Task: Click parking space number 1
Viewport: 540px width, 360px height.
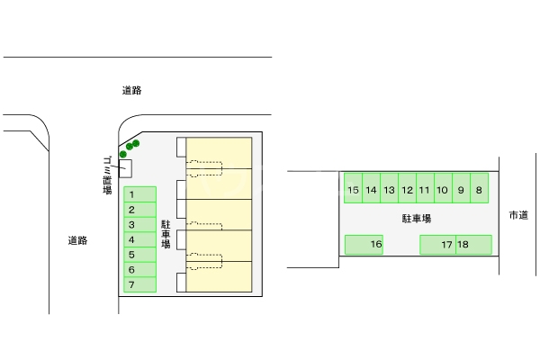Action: coord(139,194)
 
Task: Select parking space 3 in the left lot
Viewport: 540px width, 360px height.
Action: coord(139,225)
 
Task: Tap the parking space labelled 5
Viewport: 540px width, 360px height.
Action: coord(139,255)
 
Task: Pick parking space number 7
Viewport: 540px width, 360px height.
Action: coord(139,285)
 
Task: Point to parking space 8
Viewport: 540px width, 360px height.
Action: coord(479,189)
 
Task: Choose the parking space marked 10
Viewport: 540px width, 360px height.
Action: coord(443,189)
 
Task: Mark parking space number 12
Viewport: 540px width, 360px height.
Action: coord(407,189)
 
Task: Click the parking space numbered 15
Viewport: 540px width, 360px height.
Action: coord(353,189)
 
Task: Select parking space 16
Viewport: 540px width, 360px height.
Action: coord(364,244)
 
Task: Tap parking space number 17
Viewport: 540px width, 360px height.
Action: coord(438,244)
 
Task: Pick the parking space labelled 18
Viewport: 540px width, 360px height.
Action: coord(473,244)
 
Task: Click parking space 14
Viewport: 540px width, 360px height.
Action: coord(371,189)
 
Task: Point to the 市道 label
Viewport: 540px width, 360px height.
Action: coord(518,215)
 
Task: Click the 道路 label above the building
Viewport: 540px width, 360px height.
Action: coord(132,90)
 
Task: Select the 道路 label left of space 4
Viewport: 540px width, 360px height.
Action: coord(77,240)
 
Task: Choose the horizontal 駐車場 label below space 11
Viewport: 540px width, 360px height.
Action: coord(417,219)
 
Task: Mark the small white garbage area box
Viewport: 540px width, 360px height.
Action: coord(125,167)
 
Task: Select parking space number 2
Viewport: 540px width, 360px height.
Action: coord(139,210)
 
